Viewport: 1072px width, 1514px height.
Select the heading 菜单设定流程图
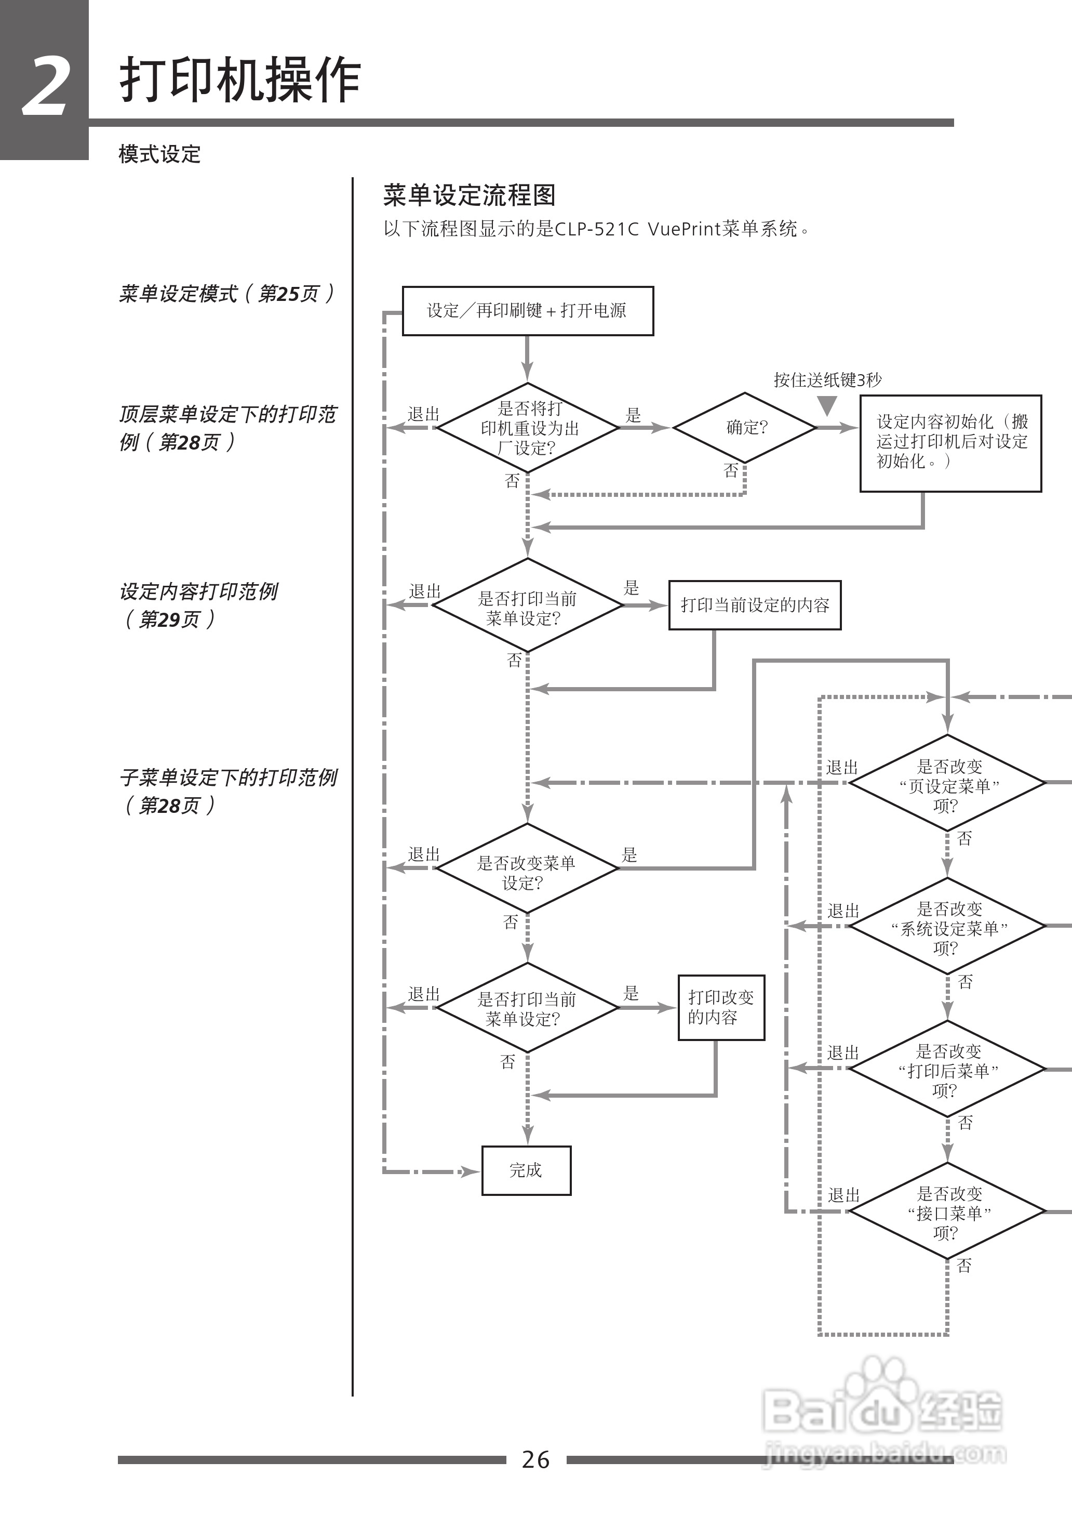[x=470, y=195]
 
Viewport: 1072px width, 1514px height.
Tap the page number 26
[x=535, y=1458]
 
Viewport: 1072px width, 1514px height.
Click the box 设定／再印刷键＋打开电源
[x=527, y=310]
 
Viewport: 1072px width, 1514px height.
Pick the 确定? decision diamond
[x=745, y=427]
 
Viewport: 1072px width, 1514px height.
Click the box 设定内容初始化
[x=950, y=443]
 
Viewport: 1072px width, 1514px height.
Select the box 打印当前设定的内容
[x=755, y=605]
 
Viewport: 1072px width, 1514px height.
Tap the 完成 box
[x=526, y=1170]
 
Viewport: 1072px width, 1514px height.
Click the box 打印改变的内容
[x=721, y=1007]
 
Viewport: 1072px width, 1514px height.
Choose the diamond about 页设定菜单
[x=948, y=783]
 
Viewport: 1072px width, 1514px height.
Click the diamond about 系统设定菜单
[x=948, y=926]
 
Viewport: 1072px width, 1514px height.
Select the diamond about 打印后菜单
[x=948, y=1069]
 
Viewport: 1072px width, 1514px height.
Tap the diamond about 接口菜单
[x=948, y=1212]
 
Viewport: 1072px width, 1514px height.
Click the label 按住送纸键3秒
[x=827, y=380]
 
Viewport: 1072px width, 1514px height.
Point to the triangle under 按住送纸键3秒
[x=827, y=404]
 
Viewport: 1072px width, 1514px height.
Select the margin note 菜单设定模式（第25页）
[x=226, y=293]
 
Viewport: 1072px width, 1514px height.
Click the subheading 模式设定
[x=159, y=154]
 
